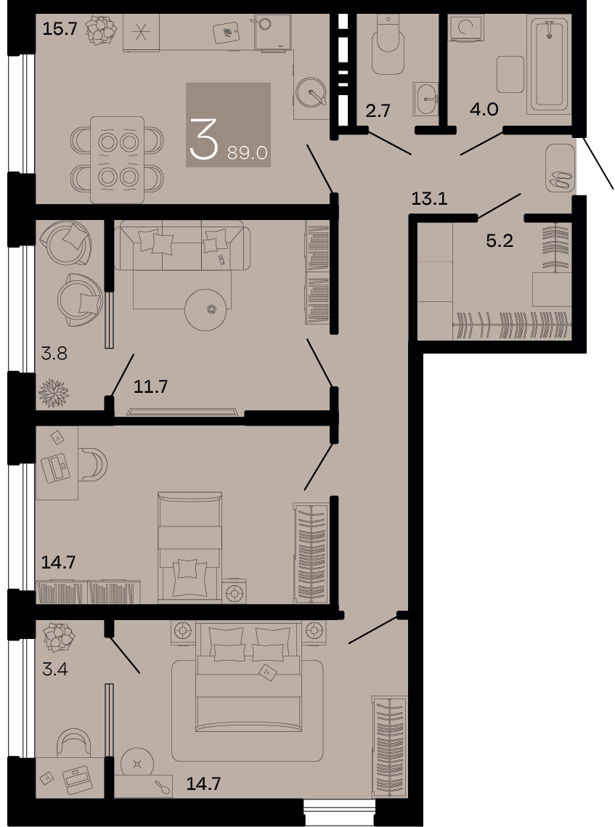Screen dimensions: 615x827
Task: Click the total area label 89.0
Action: (x=248, y=153)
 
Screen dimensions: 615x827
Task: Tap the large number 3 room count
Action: (x=203, y=139)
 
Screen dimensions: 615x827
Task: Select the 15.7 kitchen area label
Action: (x=60, y=28)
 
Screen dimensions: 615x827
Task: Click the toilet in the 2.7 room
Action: (x=388, y=44)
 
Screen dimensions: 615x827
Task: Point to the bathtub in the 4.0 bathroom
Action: (x=550, y=65)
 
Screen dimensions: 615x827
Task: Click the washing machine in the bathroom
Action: (x=465, y=28)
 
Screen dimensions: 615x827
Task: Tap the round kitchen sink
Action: (x=311, y=93)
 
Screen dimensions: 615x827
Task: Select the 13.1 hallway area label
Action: (x=429, y=199)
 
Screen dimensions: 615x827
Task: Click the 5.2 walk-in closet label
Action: (x=499, y=241)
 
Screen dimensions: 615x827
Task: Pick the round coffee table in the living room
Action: (x=206, y=309)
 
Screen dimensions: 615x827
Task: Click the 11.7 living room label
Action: (x=150, y=386)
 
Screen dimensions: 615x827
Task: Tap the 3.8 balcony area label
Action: (x=54, y=353)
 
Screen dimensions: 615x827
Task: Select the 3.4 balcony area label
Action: (x=55, y=670)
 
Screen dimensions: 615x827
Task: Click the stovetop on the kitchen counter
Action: (x=140, y=33)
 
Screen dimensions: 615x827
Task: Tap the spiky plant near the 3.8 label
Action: (x=54, y=393)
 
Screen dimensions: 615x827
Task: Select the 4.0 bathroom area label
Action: (x=484, y=109)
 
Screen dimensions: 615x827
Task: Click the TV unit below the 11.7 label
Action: (x=184, y=412)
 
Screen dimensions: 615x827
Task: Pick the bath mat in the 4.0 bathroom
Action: (x=510, y=74)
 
